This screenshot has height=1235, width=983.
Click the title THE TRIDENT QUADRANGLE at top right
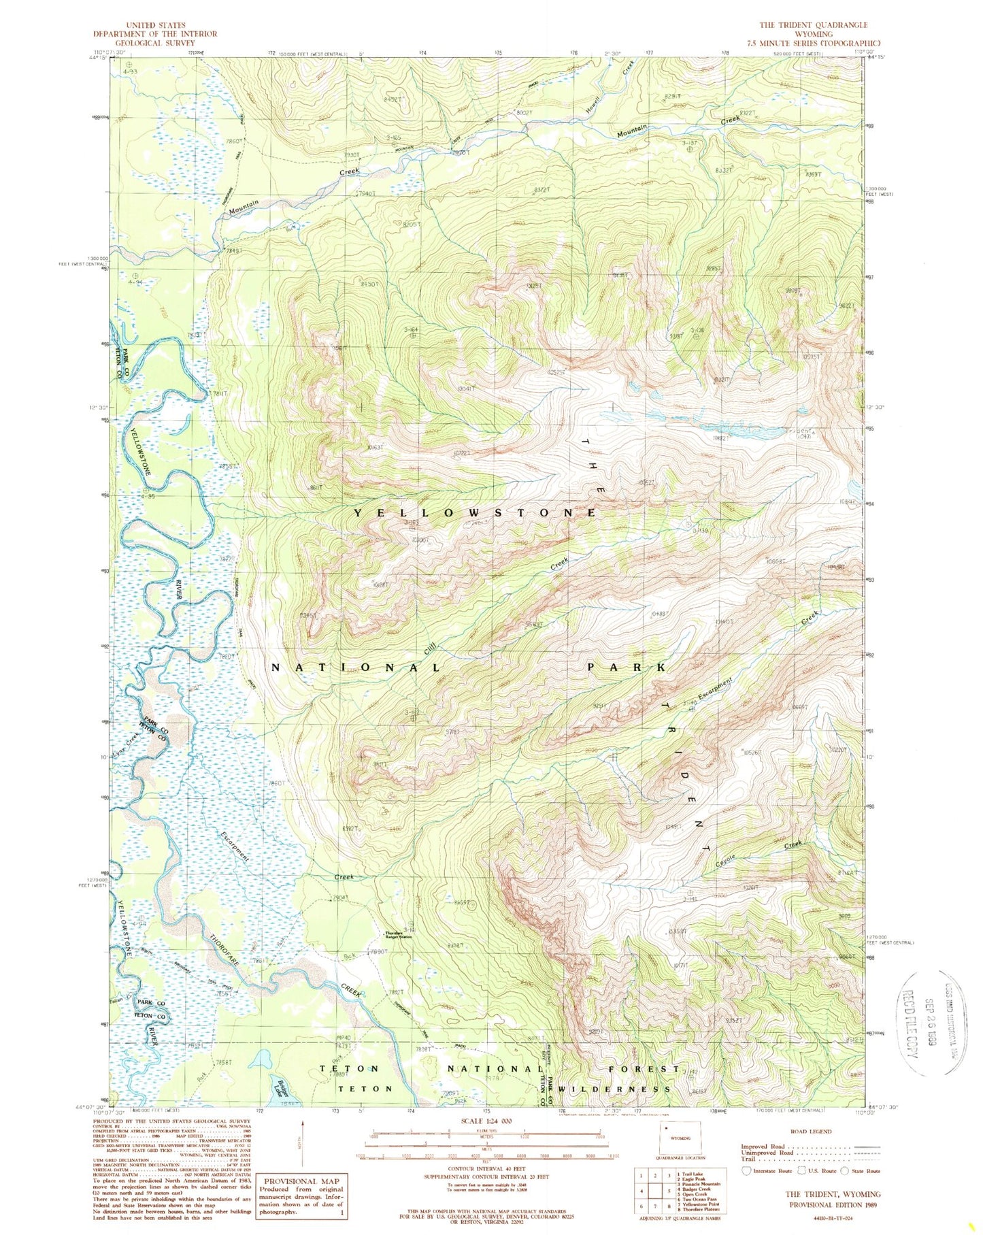(x=813, y=25)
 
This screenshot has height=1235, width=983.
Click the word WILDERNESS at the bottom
(x=614, y=1089)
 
